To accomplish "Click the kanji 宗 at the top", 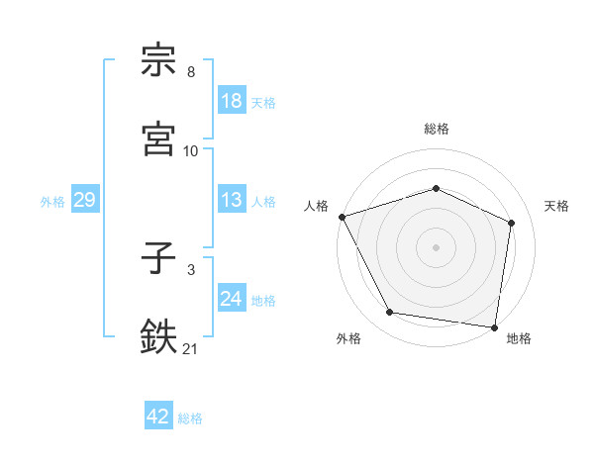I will [158, 60].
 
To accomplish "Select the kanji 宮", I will [158, 139].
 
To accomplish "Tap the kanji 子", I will [158, 259].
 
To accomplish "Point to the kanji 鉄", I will [158, 335].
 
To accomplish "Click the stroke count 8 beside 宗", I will [191, 72].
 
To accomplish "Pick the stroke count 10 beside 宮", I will [191, 151].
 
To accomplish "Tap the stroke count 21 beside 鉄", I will [191, 347].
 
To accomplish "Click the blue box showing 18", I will [232, 102].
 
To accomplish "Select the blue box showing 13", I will [232, 201].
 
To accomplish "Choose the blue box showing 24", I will [232, 300].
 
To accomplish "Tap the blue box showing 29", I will [85, 201].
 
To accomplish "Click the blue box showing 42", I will [158, 417].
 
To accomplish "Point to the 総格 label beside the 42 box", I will [190, 418].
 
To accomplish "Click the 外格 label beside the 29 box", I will [52, 202].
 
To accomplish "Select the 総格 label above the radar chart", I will [437, 129].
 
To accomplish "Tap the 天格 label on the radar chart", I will [556, 207].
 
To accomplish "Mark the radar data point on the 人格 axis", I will [342, 217].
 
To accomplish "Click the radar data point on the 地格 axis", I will [495, 326].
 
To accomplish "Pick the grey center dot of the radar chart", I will [437, 247].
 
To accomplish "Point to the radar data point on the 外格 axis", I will [389, 313].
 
